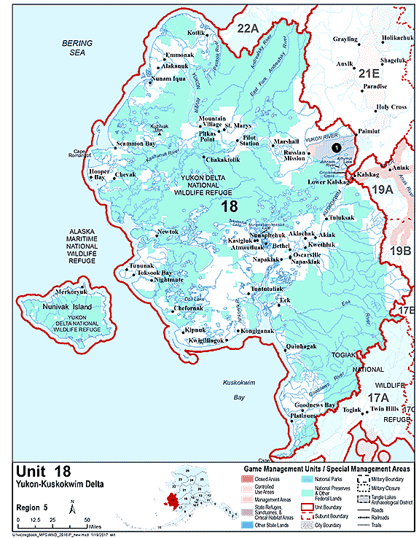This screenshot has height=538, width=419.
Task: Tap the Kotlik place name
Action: point(176,34)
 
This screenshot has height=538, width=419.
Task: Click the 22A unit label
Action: point(247,28)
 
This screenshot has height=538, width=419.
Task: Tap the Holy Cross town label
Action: point(391,107)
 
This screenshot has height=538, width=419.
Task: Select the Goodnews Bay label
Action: point(315,405)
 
